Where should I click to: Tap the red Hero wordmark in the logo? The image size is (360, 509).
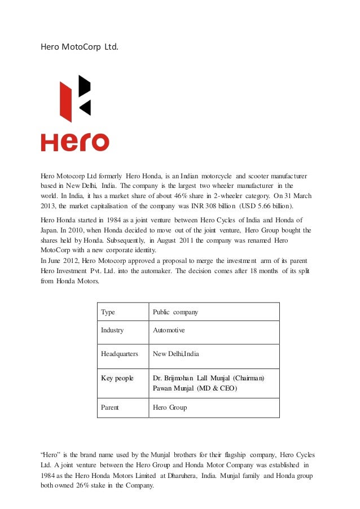74,142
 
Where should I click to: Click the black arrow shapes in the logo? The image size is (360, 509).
84,95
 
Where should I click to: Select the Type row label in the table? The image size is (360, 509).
108,312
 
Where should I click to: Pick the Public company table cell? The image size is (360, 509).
175,312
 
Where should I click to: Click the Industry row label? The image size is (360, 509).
112,330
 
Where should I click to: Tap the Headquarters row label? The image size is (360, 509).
120,354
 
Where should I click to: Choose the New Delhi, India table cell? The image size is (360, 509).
180,354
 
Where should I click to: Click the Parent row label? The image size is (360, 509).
110,407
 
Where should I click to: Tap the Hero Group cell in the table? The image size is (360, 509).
170,407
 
